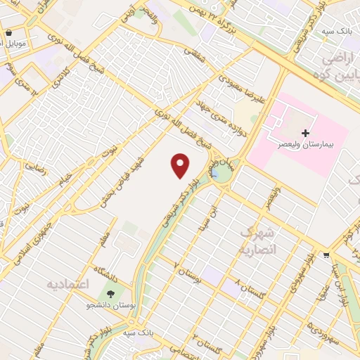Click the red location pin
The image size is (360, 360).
[x=181, y=165]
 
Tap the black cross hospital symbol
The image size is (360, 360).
[x=305, y=133]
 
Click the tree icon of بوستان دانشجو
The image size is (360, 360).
[x=110, y=292]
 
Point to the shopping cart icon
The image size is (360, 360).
[x=326, y=255]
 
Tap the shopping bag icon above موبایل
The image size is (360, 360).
[x=8, y=32]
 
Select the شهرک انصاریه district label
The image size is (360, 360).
[x=259, y=240]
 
